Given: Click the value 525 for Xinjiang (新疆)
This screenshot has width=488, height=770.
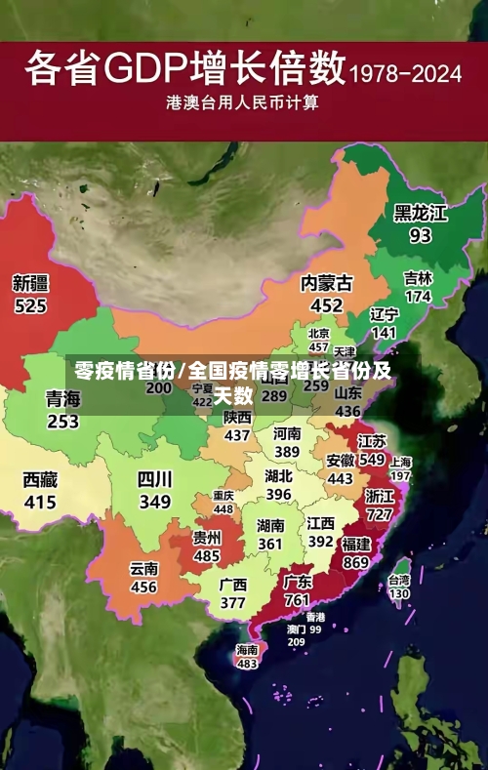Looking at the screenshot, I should (x=29, y=305).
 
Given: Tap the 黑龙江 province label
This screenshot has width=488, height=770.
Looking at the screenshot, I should (x=420, y=213).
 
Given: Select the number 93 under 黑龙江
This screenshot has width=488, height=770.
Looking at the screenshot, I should (x=420, y=235).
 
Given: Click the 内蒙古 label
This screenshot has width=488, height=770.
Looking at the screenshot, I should (x=327, y=283).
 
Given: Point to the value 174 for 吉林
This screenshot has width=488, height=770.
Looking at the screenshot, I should (x=418, y=296).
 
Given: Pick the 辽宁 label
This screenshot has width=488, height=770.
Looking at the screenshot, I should (x=385, y=314).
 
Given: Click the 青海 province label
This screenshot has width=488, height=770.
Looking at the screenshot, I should (x=62, y=399).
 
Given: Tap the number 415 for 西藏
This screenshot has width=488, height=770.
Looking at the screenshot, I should (x=40, y=502).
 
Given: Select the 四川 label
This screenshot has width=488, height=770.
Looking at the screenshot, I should (x=154, y=479).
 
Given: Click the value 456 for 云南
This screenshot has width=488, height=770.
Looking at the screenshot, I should (x=143, y=588).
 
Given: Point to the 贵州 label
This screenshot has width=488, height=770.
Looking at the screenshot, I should (x=206, y=538).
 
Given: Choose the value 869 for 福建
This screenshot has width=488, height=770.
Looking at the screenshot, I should (x=355, y=563).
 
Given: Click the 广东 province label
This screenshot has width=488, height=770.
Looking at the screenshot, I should (x=298, y=582).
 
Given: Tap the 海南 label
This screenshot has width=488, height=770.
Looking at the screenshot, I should (x=247, y=649).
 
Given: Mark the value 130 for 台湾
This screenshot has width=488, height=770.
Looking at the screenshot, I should (x=399, y=592).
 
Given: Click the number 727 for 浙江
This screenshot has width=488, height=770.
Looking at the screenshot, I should (x=379, y=514).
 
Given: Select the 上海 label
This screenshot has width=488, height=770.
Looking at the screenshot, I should (x=400, y=462).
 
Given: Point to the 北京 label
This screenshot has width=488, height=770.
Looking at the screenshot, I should (x=318, y=334).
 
